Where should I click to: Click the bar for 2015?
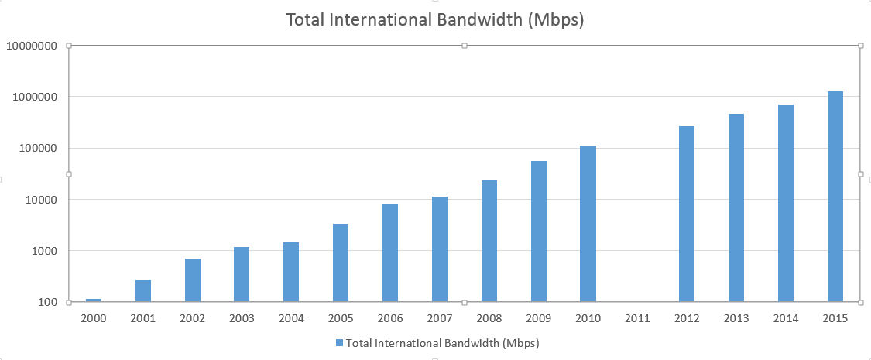click(835, 197)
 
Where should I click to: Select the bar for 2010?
click(588, 224)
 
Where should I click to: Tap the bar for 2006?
click(390, 253)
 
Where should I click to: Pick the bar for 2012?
click(687, 214)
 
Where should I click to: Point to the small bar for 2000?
click(94, 300)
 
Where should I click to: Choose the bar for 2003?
click(242, 274)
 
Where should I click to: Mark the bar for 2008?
click(489, 241)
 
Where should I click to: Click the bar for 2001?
click(143, 291)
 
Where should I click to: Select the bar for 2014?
click(786, 203)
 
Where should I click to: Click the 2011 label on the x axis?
click(637, 318)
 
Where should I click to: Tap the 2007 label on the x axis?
click(440, 318)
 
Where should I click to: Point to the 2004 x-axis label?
click(291, 318)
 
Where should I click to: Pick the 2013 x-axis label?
click(736, 318)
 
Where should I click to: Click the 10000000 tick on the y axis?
click(32, 46)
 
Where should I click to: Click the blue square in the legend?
click(339, 342)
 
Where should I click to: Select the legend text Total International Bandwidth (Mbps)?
click(442, 342)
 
